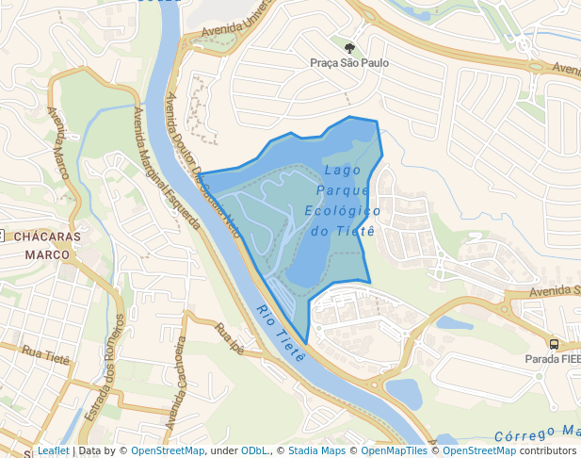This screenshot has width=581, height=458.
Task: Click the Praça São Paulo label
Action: [349, 63]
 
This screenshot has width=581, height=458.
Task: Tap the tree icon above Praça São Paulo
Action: [349, 47]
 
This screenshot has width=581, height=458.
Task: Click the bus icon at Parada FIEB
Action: [554, 345]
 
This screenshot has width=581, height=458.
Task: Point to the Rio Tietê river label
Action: [282, 334]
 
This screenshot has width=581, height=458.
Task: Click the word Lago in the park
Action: [341, 171]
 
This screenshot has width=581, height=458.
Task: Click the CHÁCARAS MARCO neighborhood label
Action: [47, 245]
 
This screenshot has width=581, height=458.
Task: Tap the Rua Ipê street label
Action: [230, 336]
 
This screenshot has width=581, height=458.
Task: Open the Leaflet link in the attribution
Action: [53, 451]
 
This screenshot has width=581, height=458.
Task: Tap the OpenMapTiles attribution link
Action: [394, 451]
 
